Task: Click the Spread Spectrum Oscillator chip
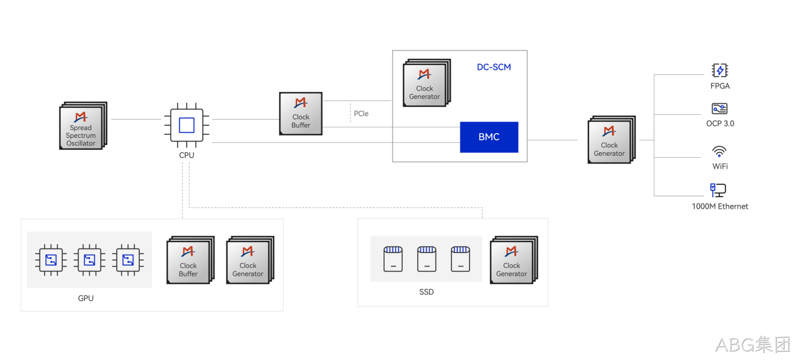click(x=83, y=126)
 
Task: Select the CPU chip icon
click(x=187, y=125)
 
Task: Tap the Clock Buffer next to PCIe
click(x=301, y=113)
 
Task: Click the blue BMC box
click(x=489, y=137)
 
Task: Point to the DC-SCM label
click(x=494, y=67)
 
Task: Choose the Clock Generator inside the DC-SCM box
click(x=426, y=83)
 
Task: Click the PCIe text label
click(x=361, y=113)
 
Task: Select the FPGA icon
click(x=720, y=70)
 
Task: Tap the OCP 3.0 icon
click(x=720, y=108)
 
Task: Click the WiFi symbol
click(x=719, y=151)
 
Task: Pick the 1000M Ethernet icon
click(x=718, y=190)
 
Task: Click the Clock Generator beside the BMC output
click(x=611, y=139)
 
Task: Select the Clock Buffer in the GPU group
click(x=190, y=260)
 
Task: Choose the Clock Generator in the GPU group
click(x=250, y=260)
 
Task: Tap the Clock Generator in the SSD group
click(x=514, y=260)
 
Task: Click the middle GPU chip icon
click(x=89, y=260)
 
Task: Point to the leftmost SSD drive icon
click(x=393, y=259)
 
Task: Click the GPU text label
click(x=85, y=298)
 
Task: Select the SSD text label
click(x=426, y=292)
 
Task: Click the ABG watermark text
click(x=753, y=345)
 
